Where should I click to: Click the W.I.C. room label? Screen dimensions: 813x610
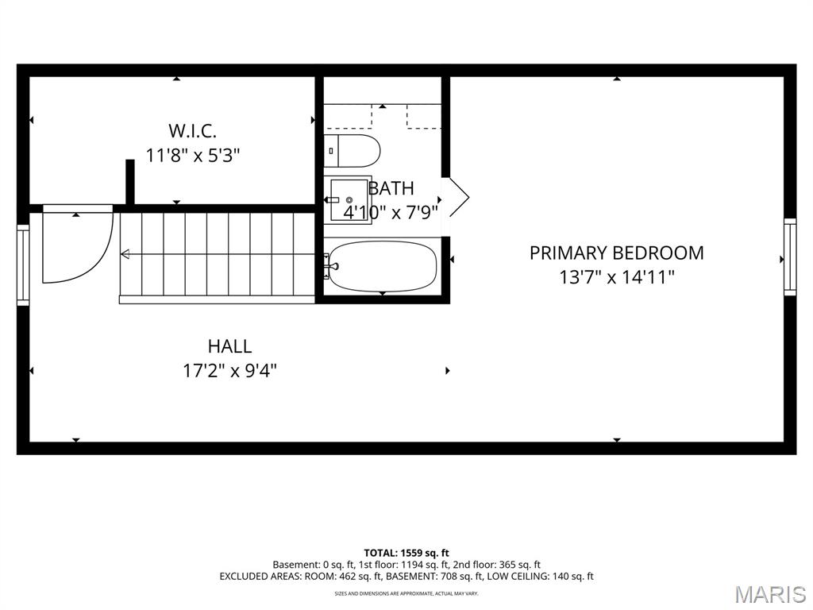192,131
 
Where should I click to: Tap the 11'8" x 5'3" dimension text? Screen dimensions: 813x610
193,155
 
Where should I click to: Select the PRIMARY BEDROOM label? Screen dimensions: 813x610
616,253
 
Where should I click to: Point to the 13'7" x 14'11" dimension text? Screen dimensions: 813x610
616,277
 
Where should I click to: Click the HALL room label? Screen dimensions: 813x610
229,346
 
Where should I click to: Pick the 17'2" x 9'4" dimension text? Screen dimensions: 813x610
229,371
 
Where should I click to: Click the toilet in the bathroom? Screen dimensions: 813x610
353,151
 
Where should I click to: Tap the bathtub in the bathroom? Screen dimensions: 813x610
383,267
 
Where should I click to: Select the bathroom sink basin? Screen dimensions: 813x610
349,199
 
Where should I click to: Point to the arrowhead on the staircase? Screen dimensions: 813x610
125,254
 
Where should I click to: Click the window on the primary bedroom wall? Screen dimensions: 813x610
790,257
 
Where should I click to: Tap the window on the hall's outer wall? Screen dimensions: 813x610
23,265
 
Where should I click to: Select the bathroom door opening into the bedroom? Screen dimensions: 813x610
458,197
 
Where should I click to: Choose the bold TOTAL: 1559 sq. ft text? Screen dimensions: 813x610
406,553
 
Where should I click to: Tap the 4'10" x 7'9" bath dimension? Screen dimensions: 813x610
391,212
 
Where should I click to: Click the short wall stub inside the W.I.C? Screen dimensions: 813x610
130,182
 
